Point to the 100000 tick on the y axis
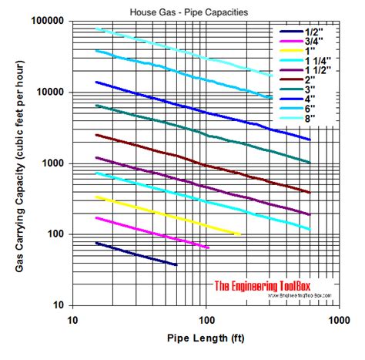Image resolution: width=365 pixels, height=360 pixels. (x=48, y=21)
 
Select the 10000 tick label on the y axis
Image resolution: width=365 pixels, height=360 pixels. (x=51, y=92)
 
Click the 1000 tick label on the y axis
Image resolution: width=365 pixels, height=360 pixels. (x=54, y=163)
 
